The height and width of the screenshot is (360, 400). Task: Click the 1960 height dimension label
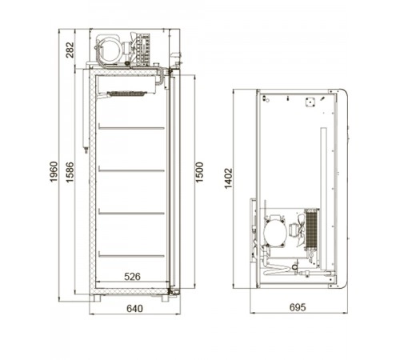[54, 171]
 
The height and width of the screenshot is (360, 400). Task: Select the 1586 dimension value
[70, 172]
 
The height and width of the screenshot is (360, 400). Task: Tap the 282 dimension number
[70, 50]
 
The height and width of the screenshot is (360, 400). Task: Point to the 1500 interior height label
[199, 172]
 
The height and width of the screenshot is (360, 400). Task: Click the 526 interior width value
[132, 277]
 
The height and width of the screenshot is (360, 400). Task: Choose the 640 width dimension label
[134, 309]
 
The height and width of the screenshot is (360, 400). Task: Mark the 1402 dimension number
[229, 178]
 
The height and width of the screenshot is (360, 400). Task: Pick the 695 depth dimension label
[298, 307]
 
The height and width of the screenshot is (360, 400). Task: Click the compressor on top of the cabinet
[109, 50]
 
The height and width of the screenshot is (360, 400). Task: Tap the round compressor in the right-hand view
[274, 231]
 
